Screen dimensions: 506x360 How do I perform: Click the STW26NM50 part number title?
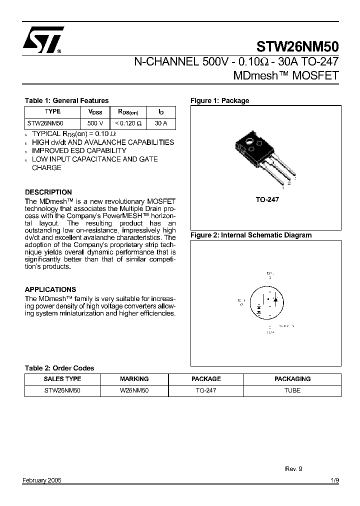click(297, 47)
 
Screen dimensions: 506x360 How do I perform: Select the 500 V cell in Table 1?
click(95, 123)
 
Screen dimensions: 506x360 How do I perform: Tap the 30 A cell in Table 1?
click(161, 123)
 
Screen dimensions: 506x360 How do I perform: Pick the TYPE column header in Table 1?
click(52, 112)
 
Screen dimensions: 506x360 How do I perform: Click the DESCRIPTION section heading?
click(48, 192)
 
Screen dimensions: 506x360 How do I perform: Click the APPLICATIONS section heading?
click(50, 289)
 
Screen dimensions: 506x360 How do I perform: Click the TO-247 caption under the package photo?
click(267, 199)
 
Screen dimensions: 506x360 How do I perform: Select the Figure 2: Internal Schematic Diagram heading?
click(251, 235)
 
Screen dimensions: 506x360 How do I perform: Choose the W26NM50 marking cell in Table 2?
click(134, 390)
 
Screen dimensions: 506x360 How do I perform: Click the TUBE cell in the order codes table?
click(292, 390)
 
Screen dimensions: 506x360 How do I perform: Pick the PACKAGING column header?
click(292, 379)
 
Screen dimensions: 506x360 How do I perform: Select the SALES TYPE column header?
click(62, 379)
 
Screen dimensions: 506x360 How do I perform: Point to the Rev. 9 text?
click(293, 469)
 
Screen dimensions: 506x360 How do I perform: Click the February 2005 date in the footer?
click(42, 480)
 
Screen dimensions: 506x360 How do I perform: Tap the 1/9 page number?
click(334, 480)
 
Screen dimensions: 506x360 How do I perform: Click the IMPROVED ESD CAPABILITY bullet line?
click(79, 150)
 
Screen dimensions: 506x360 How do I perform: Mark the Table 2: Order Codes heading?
click(59, 368)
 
